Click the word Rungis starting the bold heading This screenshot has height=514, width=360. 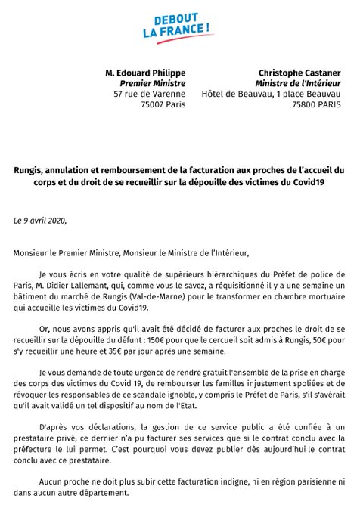click(x=37, y=172)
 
